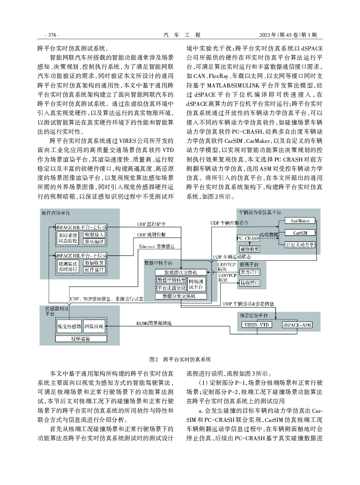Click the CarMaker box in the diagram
coord(300,221)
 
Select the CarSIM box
coord(300,233)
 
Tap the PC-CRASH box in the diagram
coord(248,238)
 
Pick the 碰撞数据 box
coord(250,249)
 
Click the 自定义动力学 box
coord(300,245)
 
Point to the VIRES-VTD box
coord(257,325)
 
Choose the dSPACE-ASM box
coord(297,325)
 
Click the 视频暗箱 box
coord(81,339)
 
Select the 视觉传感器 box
coord(69,326)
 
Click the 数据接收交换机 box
coord(181,272)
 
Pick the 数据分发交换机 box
coord(181,296)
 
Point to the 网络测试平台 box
coord(197,284)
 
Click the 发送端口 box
coord(250,272)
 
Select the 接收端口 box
coord(250,283)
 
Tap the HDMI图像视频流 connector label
coord(154,323)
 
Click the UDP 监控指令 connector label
coord(151,224)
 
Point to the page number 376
coord(52,35)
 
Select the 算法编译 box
coord(94,242)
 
